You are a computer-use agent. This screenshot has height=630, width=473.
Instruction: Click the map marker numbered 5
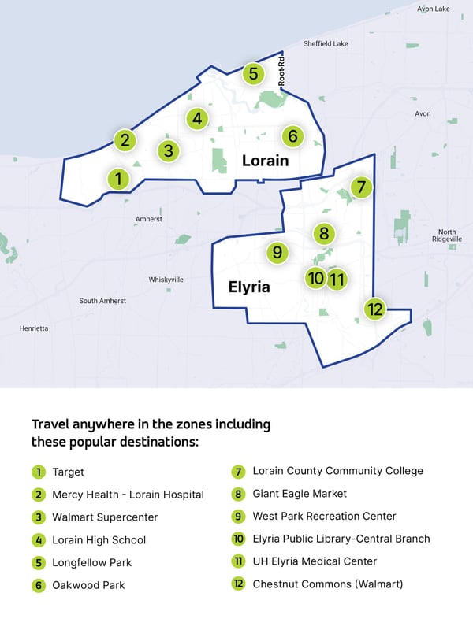pyautogui.click(x=252, y=74)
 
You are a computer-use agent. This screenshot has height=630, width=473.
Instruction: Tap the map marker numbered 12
pyautogui.click(x=374, y=309)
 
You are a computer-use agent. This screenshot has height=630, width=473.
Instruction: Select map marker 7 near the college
pyautogui.click(x=360, y=187)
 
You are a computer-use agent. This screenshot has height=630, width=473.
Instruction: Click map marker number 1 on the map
pyautogui.click(x=118, y=180)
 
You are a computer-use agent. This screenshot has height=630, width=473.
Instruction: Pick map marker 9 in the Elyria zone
pyautogui.click(x=277, y=253)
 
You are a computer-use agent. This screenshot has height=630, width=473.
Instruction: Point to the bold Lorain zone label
pyautogui.click(x=265, y=161)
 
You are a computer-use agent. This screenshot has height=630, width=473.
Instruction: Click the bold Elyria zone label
pyautogui.click(x=249, y=287)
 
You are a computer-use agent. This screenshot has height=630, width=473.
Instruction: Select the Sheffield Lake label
pyautogui.click(x=326, y=44)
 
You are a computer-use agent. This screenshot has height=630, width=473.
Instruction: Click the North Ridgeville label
pyautogui.click(x=447, y=235)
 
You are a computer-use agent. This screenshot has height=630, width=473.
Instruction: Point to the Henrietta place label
pyautogui.click(x=34, y=328)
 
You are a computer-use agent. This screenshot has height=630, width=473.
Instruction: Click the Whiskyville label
pyautogui.click(x=166, y=280)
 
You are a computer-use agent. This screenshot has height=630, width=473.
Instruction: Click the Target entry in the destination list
pyautogui.click(x=68, y=472)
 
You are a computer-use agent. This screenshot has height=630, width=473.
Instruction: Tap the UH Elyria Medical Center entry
pyautogui.click(x=315, y=561)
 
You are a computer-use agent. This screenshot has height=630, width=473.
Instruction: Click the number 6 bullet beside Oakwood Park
pyautogui.click(x=38, y=585)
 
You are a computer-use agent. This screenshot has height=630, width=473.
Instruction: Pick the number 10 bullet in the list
pyautogui.click(x=238, y=539)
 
